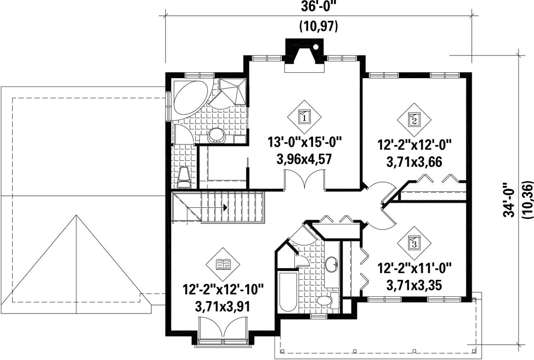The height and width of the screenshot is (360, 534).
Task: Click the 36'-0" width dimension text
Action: click(318, 7)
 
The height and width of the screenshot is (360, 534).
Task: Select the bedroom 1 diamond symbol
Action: click(304, 117)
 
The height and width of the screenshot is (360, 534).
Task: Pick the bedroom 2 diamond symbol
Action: click(414, 120)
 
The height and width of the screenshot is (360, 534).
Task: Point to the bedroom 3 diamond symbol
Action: click(414, 243)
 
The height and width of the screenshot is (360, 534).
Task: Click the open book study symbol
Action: click(223, 264)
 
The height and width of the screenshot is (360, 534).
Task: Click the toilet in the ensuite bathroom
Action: click(184, 178)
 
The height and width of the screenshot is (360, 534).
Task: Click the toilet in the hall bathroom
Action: click(325, 300)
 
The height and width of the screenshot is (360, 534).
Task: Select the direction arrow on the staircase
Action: click(225, 207)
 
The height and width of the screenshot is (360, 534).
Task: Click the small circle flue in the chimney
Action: click(316, 47)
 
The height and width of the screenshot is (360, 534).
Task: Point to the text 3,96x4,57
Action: click(305, 159)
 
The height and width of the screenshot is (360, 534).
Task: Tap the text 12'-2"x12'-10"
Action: click(223, 290)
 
